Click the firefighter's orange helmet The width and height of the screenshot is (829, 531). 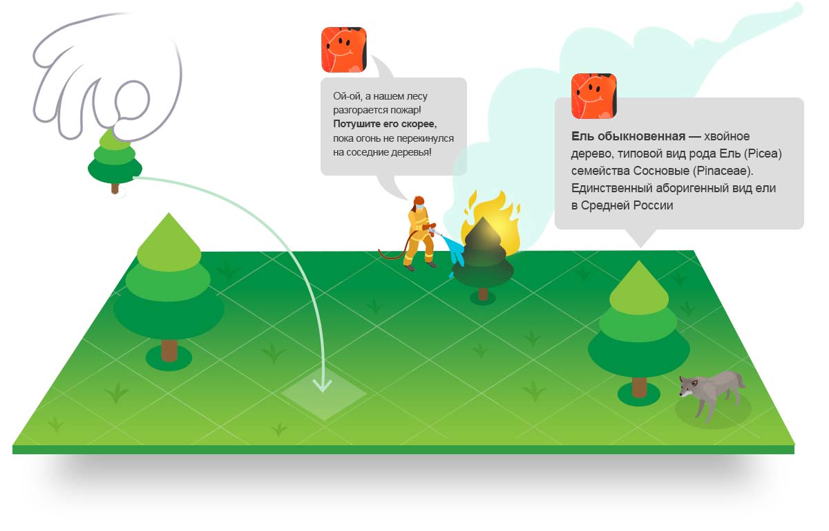(419, 201)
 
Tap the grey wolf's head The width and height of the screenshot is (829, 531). (688, 387)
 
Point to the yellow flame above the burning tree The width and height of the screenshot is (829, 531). (492, 218)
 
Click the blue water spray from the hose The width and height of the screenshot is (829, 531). (455, 254)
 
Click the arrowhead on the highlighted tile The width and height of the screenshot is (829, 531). (322, 385)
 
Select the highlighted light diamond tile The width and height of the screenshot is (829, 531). (324, 393)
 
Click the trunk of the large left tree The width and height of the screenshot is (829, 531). (169, 351)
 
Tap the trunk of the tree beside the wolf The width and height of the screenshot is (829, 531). (639, 386)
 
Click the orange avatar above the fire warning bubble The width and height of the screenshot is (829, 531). (344, 50)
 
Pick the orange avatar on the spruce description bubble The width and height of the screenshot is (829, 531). (593, 96)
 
